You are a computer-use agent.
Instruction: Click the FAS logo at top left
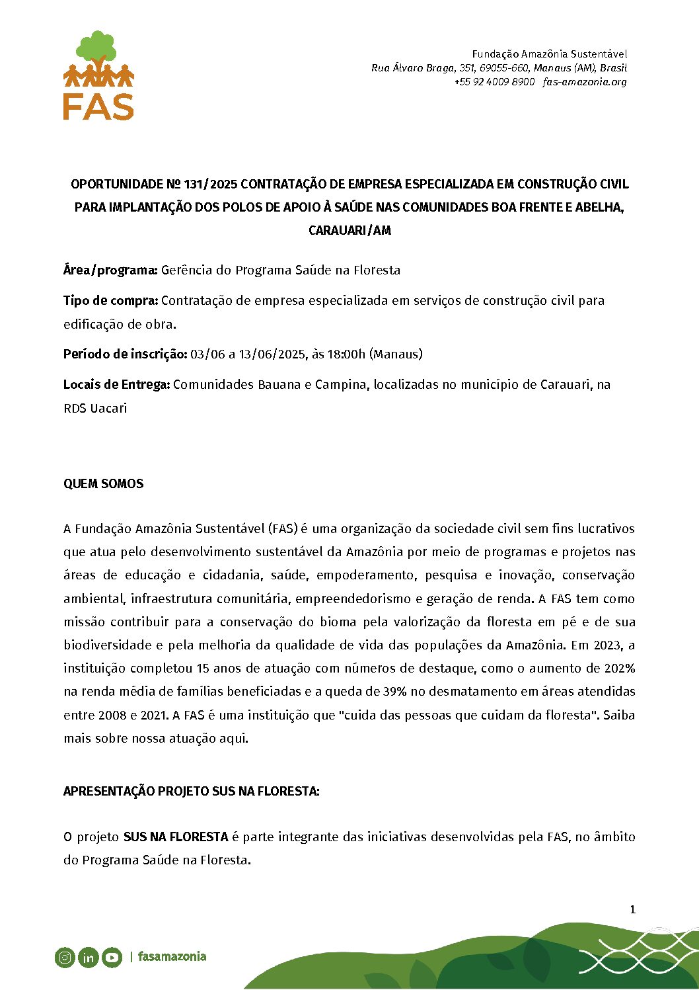98,75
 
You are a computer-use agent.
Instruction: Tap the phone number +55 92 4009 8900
494,82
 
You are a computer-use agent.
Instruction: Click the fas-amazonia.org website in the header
585,82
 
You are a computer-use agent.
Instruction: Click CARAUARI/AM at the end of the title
349,230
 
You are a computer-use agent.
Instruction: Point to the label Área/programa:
110,270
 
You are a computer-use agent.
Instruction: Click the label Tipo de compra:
111,300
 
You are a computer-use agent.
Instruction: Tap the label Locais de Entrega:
117,384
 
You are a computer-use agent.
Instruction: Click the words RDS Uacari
95,408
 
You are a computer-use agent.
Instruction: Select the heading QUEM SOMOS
103,483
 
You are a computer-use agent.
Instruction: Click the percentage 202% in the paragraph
620,668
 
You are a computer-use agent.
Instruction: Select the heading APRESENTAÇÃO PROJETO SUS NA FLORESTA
191,791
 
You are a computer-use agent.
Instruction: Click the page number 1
632,909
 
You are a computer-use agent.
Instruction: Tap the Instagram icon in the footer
65,957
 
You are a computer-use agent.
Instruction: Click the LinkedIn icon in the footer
88,957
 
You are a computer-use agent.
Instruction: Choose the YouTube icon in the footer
112,957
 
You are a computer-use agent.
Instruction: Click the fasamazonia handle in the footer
172,957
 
